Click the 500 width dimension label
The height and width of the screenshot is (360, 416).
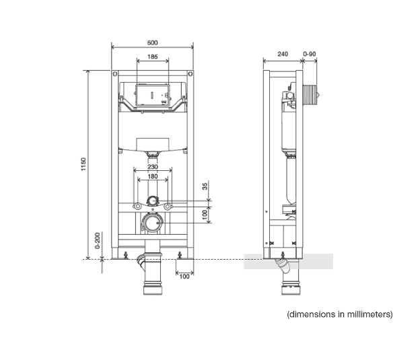click(152, 42)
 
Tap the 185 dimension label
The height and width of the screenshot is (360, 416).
click(152, 57)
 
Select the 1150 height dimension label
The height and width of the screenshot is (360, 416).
click(83, 164)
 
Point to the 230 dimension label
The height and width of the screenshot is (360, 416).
click(153, 167)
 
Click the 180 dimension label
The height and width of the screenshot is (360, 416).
click(153, 176)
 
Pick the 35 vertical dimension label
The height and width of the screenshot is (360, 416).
click(205, 186)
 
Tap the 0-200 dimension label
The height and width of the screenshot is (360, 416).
click(98, 241)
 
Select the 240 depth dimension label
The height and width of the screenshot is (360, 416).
click(283, 54)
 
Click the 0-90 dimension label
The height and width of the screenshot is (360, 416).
click(310, 54)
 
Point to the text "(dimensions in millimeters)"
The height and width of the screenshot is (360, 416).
click(340, 314)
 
